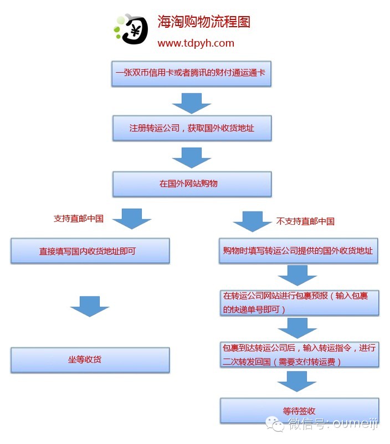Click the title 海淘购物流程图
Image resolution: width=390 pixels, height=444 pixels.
coord(204,22)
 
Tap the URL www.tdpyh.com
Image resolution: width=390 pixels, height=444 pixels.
coord(196,43)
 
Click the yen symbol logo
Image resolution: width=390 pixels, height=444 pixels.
coord(132,29)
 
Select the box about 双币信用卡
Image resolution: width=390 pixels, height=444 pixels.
coord(191,74)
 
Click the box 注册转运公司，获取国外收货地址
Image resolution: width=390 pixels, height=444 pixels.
coord(192,128)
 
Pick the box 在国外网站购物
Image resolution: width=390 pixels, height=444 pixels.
coord(192,184)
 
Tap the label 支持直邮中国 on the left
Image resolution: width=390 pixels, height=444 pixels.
coord(79,219)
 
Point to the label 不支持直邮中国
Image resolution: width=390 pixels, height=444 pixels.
coord(305,221)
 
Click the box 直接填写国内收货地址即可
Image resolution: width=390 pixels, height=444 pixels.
coord(90,251)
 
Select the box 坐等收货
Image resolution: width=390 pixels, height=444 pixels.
coord(90,360)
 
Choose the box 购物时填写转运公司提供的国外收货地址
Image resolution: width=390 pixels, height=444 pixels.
coord(299,251)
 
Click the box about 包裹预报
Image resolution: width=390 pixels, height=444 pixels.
coord(299,302)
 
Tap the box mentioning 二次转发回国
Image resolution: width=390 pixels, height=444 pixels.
coord(299,355)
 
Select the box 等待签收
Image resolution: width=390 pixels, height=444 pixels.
coord(299,411)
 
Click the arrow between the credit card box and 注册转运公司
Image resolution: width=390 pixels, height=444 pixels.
coord(192,103)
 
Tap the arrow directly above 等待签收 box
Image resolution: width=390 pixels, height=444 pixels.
coord(297,382)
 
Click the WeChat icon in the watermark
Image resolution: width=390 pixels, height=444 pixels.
coord(275,423)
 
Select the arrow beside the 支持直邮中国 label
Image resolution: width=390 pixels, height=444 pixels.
coord(132,219)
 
